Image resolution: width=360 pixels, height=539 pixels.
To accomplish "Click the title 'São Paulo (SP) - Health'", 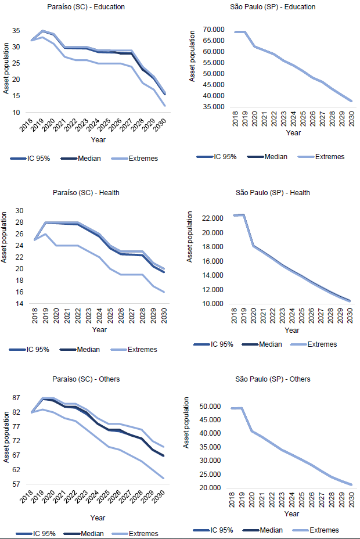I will point(273,193).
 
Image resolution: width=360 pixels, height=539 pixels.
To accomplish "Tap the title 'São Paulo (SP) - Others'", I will point(273,379).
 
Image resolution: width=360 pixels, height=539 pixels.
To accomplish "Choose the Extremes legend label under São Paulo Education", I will point(330,157).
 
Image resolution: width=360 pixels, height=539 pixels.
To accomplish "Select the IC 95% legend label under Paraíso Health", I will point(38,350).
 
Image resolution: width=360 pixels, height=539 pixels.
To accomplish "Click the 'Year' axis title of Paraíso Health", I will point(99,330).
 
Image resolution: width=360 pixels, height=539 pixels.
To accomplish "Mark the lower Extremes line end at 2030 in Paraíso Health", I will point(164,292).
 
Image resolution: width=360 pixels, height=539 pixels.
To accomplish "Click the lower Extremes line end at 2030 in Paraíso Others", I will point(164,479).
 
